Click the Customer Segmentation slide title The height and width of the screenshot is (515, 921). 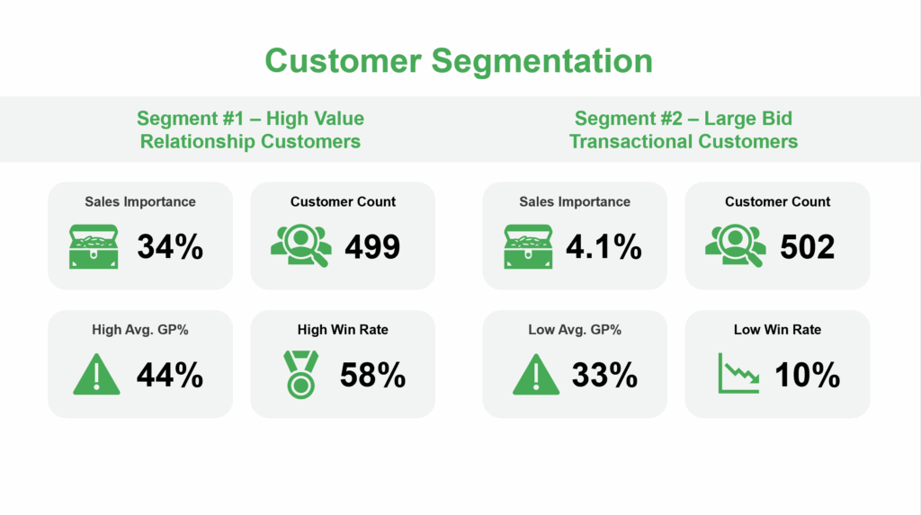pyautogui.click(x=459, y=60)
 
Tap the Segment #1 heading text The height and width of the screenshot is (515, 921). pyautogui.click(x=250, y=129)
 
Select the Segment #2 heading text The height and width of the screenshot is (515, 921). pyautogui.click(x=684, y=129)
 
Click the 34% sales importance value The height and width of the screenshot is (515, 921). pyautogui.click(x=170, y=246)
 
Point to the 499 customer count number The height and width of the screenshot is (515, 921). pyautogui.click(x=372, y=246)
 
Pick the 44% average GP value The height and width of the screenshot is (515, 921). pyautogui.click(x=170, y=375)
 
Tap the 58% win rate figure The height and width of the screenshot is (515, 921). pyautogui.click(x=373, y=375)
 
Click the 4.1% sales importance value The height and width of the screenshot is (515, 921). pyautogui.click(x=604, y=246)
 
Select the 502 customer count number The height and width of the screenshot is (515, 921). pyautogui.click(x=807, y=246)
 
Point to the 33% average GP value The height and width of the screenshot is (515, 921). pyautogui.click(x=604, y=375)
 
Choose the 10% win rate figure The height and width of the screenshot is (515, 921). pyautogui.click(x=808, y=375)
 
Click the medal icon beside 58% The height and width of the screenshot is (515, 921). pyautogui.click(x=300, y=375)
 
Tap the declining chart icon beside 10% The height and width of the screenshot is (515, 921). pyautogui.click(x=739, y=373)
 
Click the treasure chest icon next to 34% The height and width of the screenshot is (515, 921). pyautogui.click(x=94, y=246)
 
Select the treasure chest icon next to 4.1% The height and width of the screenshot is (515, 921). pyautogui.click(x=528, y=246)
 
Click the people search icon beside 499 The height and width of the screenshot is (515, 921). pyautogui.click(x=300, y=245)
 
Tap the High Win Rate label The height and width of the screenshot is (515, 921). pyautogui.click(x=343, y=330)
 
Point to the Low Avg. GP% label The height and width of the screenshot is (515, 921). pyautogui.click(x=575, y=330)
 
